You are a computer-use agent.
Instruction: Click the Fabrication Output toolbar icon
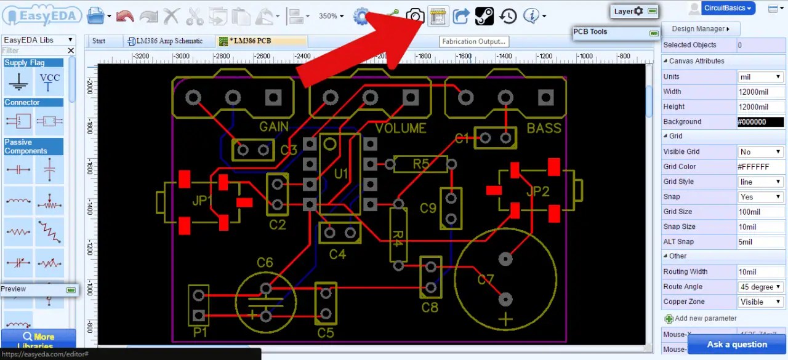point(437,16)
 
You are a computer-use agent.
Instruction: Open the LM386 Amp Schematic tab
point(164,41)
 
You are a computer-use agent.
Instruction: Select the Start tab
point(98,41)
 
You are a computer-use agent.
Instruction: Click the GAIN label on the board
point(274,127)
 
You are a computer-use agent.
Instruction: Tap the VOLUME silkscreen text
point(401,128)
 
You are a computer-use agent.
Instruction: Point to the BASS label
point(544,128)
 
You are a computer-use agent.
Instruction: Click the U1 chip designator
point(341,174)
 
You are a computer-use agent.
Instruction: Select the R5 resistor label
point(421,164)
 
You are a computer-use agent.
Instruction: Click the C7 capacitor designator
point(486,280)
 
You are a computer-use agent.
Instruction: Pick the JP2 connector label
point(537,191)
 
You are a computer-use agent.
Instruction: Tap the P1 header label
point(200,332)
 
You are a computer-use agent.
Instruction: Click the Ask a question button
point(737,344)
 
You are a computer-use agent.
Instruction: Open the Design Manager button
point(701,29)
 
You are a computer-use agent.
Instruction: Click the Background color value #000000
point(761,122)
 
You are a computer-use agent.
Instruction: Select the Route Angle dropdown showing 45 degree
point(761,287)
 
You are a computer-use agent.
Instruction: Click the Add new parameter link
point(705,318)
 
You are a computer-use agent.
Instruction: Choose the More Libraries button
point(38,339)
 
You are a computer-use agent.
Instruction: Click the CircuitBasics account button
point(728,8)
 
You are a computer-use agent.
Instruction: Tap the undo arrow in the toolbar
point(125,16)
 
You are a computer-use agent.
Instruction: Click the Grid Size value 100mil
point(761,212)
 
